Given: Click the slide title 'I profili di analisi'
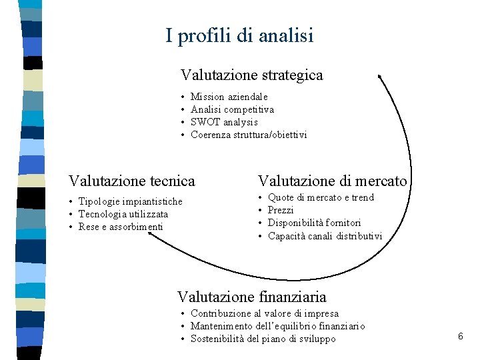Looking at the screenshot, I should (239, 35).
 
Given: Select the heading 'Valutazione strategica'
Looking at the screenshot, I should (251, 75).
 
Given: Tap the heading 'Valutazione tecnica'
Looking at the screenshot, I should (132, 181).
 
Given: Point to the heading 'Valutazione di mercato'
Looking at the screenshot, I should (332, 181).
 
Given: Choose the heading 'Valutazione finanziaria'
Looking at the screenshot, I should (251, 296).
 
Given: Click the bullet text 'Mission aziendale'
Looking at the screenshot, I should (229, 97).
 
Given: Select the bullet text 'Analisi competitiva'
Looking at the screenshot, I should (232, 109).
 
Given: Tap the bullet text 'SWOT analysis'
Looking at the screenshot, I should (224, 122).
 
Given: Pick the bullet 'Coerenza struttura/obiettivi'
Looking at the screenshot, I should (249, 135).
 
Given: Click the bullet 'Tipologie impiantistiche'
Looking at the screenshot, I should (130, 201).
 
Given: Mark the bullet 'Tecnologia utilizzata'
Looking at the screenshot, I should (123, 214).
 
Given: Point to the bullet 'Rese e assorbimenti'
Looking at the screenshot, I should (120, 227).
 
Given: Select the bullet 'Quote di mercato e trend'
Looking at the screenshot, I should (321, 197).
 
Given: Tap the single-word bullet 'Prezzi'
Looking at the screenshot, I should (281, 210).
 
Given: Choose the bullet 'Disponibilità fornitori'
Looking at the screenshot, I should (314, 223).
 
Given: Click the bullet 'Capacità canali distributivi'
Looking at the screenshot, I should (325, 236).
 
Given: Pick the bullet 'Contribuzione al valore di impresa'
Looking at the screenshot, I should (265, 313).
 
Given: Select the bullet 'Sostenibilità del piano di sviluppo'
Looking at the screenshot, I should (263, 339).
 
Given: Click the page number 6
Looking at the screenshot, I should (460, 337).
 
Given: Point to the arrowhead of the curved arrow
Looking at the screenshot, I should (380, 77).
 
